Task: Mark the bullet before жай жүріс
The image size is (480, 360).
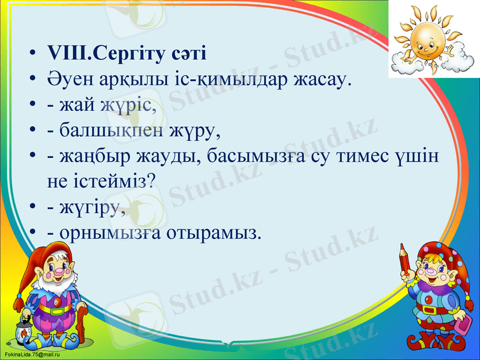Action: pos(34,106)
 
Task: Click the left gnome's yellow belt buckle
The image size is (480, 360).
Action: pos(59,310)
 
